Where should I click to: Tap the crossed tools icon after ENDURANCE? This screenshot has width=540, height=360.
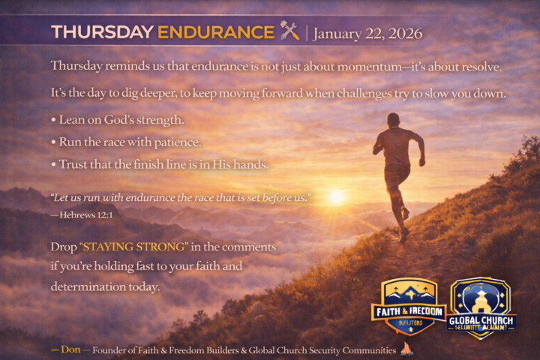289,31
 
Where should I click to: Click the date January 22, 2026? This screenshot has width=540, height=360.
367,34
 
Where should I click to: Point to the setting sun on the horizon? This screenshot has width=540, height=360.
336,196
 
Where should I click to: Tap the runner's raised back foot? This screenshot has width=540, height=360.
405,212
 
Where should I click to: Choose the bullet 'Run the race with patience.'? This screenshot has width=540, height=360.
130,142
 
